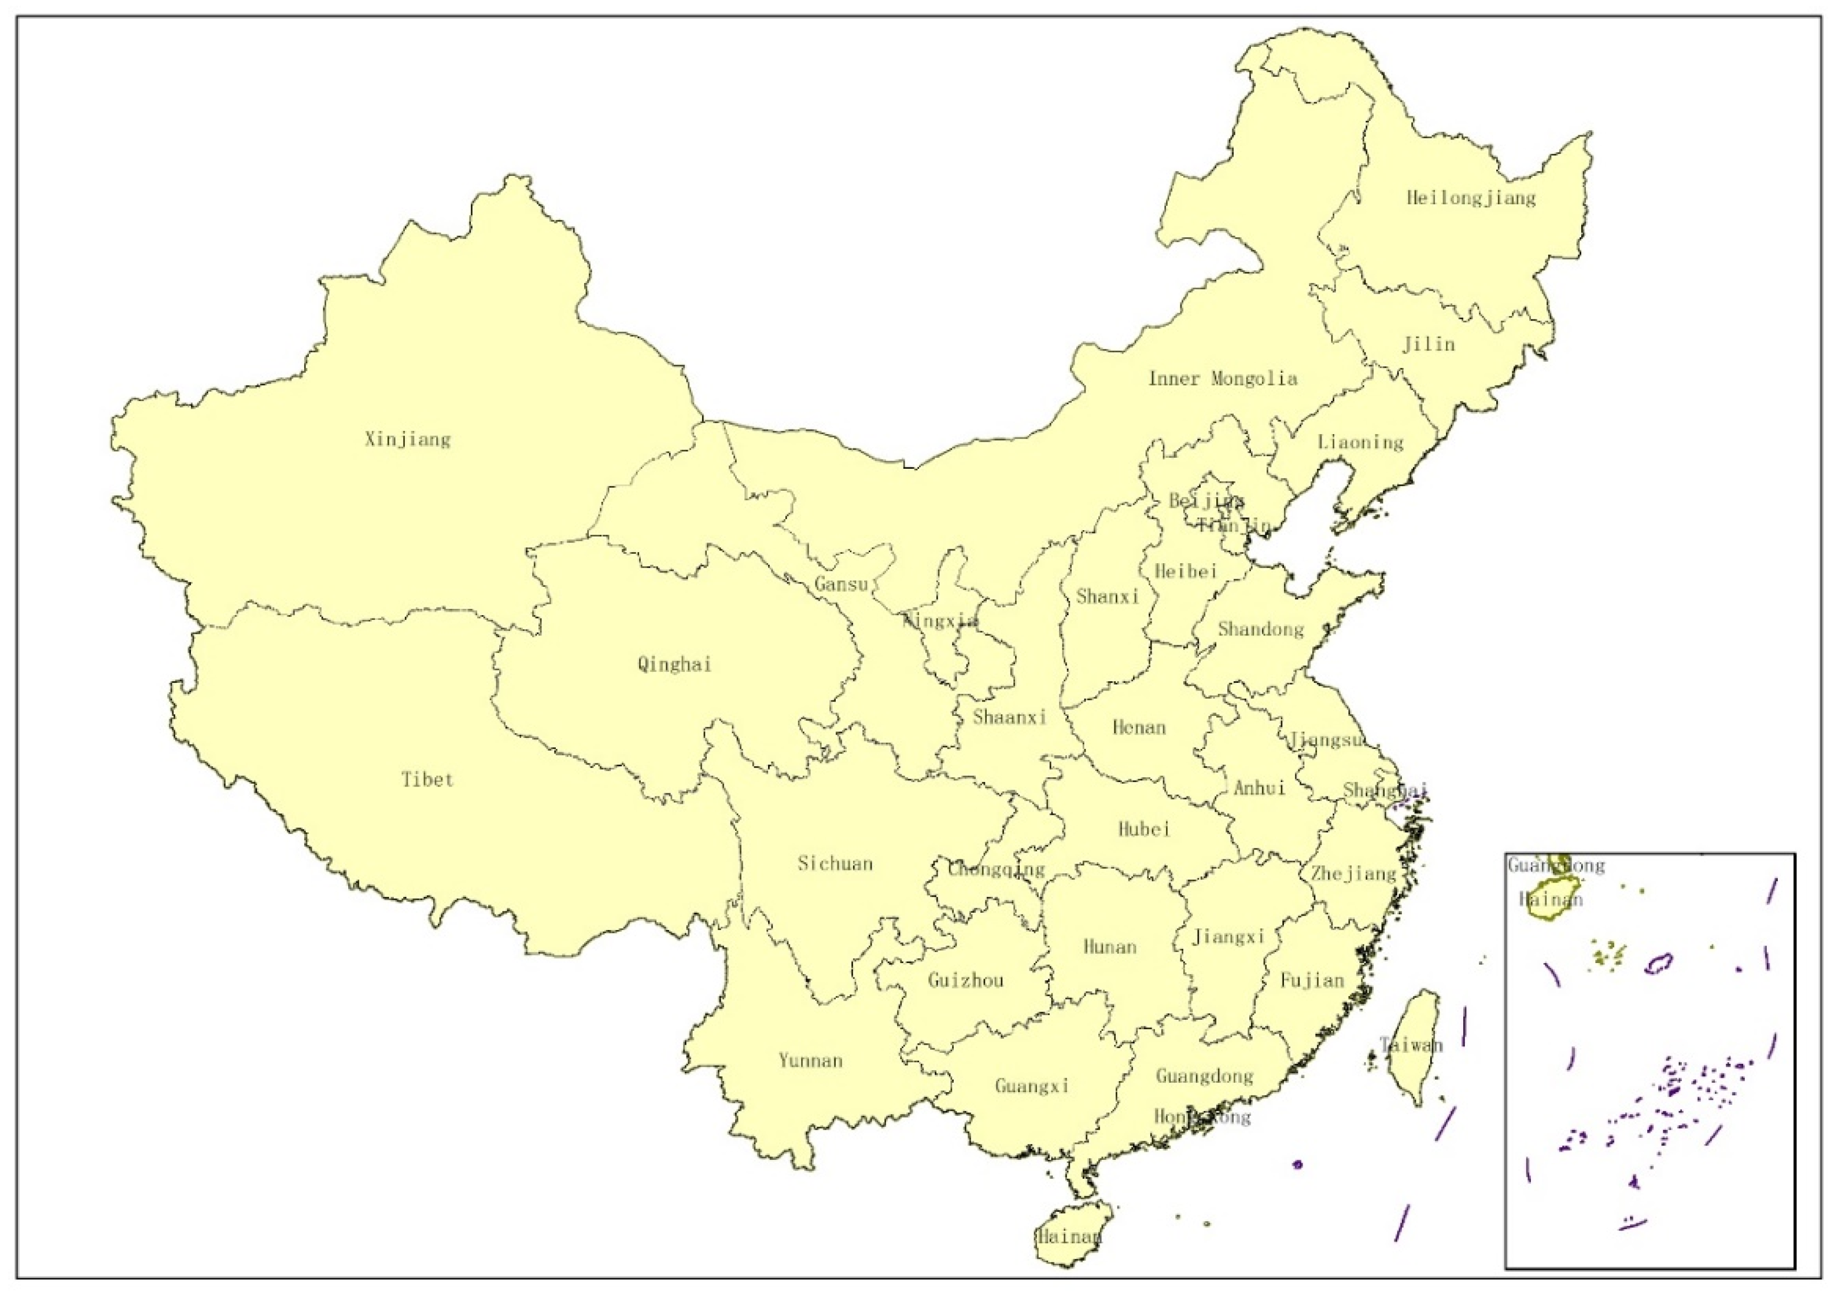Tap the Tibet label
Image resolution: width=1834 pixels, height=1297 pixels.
(427, 780)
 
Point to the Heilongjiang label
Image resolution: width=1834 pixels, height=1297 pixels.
(1471, 198)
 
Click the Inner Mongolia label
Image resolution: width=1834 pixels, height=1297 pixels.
(1222, 379)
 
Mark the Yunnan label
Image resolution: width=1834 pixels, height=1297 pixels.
(810, 1061)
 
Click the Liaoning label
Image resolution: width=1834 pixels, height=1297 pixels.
(1360, 442)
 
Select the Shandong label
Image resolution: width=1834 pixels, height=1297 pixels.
(1260, 630)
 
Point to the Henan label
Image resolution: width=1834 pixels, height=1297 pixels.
(1139, 728)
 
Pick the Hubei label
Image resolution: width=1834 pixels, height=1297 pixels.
(1144, 829)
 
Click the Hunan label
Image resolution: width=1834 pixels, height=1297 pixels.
(1109, 948)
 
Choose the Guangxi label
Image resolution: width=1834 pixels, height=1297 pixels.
(1031, 1087)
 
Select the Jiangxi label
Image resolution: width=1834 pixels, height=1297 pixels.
(1228, 936)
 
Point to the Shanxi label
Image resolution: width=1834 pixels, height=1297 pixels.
(1107, 597)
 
